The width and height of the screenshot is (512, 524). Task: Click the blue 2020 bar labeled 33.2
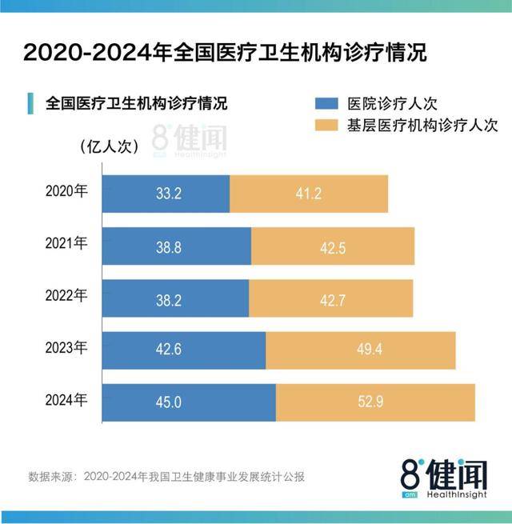click(x=166, y=193)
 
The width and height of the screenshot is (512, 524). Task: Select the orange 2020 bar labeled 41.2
click(x=309, y=193)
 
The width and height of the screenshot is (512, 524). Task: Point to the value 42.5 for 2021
click(x=332, y=246)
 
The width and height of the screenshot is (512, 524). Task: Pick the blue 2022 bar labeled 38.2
click(x=176, y=299)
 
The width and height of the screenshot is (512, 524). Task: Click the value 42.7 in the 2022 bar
click(x=332, y=299)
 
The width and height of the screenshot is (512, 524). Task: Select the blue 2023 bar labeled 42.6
click(x=184, y=350)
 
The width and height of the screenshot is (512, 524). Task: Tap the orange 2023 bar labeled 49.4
click(x=360, y=350)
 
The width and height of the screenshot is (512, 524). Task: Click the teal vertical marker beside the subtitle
click(x=30, y=103)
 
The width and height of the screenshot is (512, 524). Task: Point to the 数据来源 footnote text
click(x=166, y=477)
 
